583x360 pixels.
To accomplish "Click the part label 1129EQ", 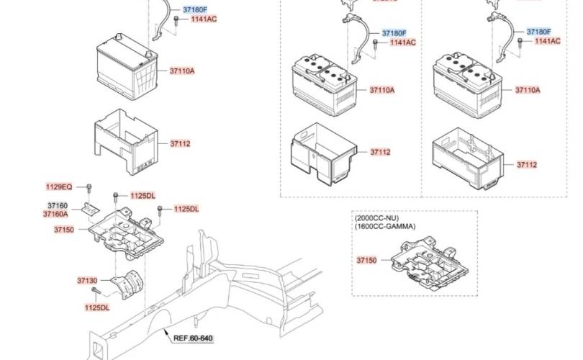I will [59, 186].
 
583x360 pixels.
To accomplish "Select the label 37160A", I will [55, 214].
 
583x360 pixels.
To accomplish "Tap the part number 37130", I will [86, 280].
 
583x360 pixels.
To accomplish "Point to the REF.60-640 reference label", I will [193, 337].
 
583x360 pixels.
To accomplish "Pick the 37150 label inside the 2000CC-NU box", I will [366, 259].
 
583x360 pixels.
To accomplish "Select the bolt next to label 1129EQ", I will [89, 189].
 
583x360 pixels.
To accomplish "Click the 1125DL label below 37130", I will [96, 307].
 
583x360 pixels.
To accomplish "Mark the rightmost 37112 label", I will [526, 165].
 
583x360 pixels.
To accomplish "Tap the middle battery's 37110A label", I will [382, 90].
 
